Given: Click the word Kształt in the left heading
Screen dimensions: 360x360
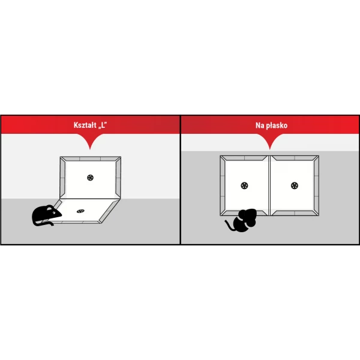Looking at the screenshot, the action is pos(85,125).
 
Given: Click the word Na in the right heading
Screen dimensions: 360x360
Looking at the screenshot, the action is pos(260,125).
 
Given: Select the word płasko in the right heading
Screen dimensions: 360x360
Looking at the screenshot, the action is pos(277,126).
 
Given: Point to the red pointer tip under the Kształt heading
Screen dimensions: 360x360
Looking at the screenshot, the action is pos(90,149).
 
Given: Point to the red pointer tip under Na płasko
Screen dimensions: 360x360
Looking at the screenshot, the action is pos(270,149).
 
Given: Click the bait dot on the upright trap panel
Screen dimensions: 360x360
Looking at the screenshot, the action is pos(90,178).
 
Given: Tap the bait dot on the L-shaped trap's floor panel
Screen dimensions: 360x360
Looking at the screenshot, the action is pos(80,211).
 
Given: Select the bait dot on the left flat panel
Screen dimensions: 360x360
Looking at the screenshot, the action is pos(244,185).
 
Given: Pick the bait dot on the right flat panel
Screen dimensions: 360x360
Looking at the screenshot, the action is pos(295,185).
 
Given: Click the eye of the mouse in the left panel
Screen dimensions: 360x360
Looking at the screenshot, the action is pos(54,212).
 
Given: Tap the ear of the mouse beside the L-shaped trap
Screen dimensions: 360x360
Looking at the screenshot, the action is pos(50,208).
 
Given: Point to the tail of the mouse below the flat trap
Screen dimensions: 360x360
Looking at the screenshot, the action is pos(229,226).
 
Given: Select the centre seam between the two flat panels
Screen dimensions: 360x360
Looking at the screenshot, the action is pos(269,185).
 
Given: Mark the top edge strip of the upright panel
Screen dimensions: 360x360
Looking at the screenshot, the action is pos(90,158).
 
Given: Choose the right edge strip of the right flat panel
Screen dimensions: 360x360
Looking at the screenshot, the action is pos(316,185).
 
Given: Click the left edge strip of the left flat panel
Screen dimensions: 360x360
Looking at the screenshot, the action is pos(223,185).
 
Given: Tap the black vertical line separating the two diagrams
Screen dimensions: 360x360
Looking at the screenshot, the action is pos(180,180).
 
